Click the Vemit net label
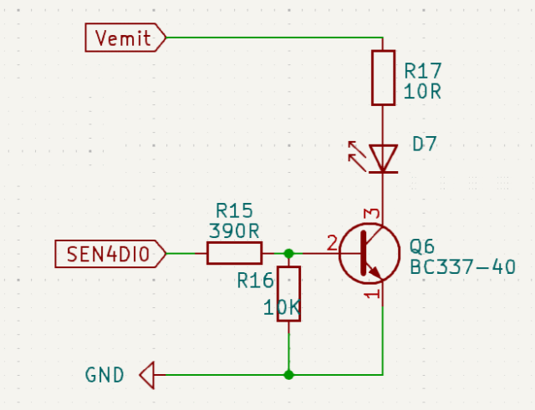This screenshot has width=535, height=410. click(x=125, y=38)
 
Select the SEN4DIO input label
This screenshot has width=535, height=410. click(x=110, y=254)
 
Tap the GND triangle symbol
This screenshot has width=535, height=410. click(x=147, y=375)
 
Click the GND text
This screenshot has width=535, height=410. click(x=104, y=375)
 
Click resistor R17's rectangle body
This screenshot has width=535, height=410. click(x=383, y=78)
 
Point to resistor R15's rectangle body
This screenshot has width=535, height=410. click(x=234, y=253)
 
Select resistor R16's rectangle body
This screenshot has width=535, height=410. click(x=288, y=294)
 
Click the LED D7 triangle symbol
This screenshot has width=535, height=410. click(x=383, y=159)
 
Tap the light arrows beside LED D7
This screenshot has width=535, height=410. click(x=357, y=156)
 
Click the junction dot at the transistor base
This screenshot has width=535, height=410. click(x=288, y=254)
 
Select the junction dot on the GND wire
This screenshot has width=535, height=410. click(x=288, y=375)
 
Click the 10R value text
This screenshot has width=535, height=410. click(x=422, y=91)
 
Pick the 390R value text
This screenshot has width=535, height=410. click(x=234, y=231)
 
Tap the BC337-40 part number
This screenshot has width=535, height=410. click(x=462, y=267)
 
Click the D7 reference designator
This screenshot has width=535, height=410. click(x=425, y=144)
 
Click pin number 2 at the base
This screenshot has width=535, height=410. click(x=333, y=243)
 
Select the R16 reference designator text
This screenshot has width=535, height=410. click(x=255, y=281)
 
